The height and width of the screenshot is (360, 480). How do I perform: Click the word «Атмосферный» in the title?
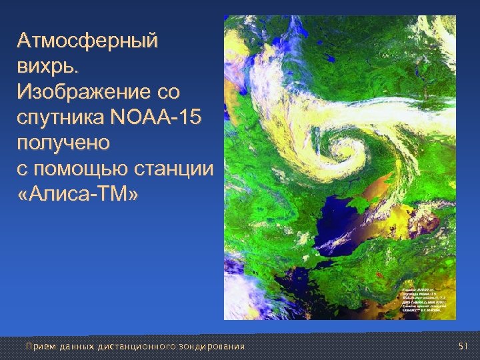point(88,41)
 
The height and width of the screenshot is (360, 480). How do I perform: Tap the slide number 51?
point(464,346)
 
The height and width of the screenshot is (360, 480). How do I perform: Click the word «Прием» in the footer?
point(37,346)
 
